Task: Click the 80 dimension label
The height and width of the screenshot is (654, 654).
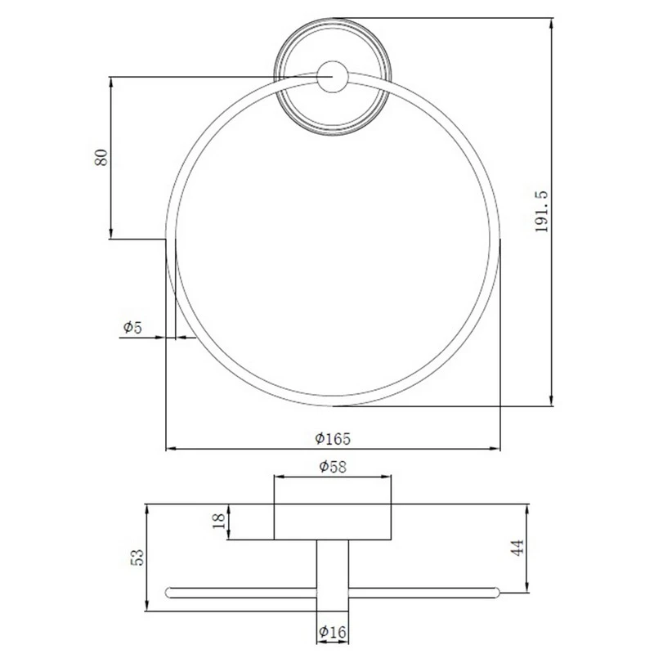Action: [101, 157]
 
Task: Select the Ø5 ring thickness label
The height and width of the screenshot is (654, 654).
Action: [132, 327]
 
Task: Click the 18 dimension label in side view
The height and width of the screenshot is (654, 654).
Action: [218, 522]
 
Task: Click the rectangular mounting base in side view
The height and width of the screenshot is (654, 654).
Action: [332, 522]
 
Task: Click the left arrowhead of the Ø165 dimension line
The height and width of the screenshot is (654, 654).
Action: [171, 449]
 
